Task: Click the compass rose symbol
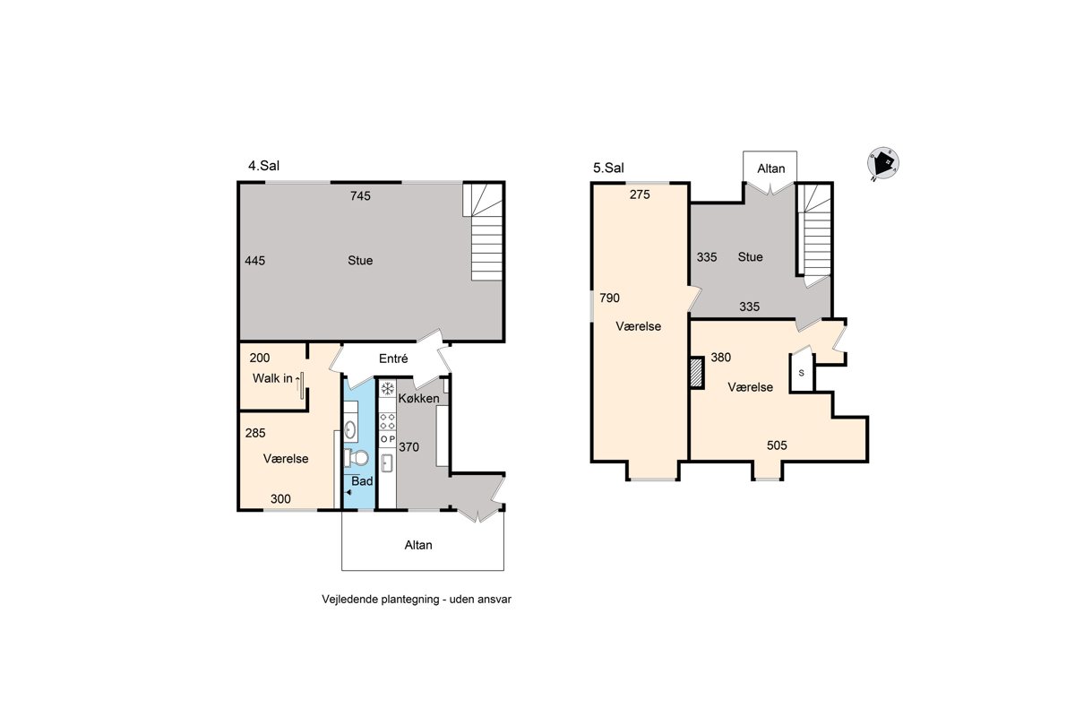pyautogui.click(x=883, y=163)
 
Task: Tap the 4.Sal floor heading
pyautogui.click(x=263, y=166)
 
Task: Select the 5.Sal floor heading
pyautogui.click(x=608, y=168)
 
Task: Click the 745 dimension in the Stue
pyautogui.click(x=360, y=195)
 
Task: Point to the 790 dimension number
pyautogui.click(x=609, y=298)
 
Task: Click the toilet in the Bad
pyautogui.click(x=356, y=458)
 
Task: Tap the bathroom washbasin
pyautogui.click(x=350, y=428)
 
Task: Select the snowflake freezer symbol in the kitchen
pyautogui.click(x=387, y=388)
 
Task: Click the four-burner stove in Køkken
pyautogui.click(x=388, y=421)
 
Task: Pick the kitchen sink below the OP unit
pyautogui.click(x=387, y=463)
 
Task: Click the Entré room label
pyautogui.click(x=393, y=358)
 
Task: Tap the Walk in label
pyautogui.click(x=272, y=378)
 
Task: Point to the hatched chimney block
pyautogui.click(x=696, y=373)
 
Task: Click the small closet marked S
pyautogui.click(x=802, y=374)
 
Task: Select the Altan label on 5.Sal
pyautogui.click(x=771, y=168)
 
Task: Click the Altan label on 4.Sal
pyautogui.click(x=418, y=545)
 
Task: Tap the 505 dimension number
pyautogui.click(x=777, y=445)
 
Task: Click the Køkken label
pyautogui.click(x=418, y=398)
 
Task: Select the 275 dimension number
pyautogui.click(x=640, y=194)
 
